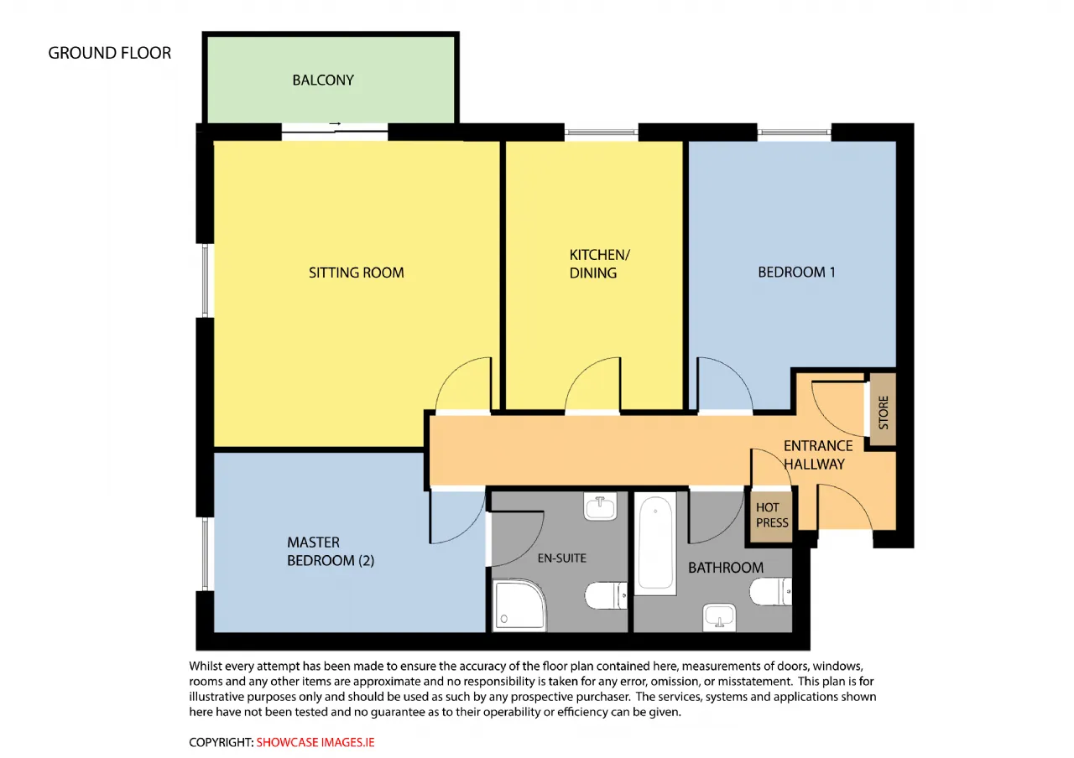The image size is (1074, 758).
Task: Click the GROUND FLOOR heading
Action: click(109, 53)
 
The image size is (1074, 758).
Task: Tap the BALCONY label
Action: click(323, 80)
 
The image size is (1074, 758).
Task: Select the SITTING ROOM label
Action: click(357, 273)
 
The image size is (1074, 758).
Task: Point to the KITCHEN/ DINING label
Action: click(599, 263)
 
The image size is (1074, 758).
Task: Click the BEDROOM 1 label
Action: click(796, 273)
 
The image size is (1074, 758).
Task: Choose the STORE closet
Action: click(883, 410)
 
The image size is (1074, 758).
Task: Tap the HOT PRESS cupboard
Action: click(771, 515)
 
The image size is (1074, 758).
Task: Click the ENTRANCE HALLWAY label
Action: click(818, 454)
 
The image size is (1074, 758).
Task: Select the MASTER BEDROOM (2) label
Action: click(331, 551)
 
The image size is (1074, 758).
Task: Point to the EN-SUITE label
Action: click(561, 558)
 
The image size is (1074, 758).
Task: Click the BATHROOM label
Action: click(726, 568)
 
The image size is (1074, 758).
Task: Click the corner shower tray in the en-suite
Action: click(519, 605)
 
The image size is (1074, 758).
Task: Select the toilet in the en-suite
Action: click(606, 595)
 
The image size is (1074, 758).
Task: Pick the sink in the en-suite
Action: click(600, 506)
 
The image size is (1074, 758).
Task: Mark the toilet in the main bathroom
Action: click(770, 591)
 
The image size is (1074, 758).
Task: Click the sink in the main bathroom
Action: click(719, 618)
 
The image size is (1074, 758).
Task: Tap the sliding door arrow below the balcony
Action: click(335, 123)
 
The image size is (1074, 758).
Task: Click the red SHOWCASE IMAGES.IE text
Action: click(315, 742)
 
